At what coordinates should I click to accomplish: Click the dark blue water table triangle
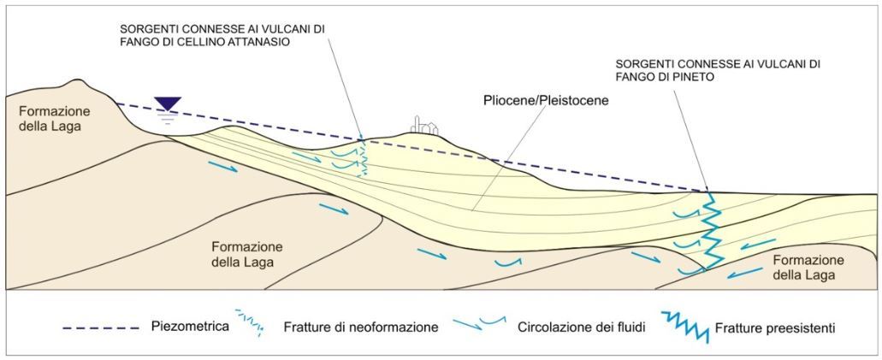(x=168, y=103)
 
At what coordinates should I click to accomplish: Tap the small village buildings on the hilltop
(x=425, y=125)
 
